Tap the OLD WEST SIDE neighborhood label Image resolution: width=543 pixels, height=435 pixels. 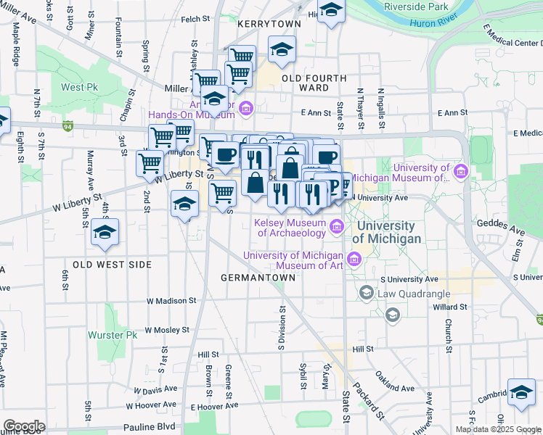point(104,265)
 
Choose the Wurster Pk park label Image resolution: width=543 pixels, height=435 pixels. point(112,336)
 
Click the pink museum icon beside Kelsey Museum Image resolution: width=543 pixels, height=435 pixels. point(336,228)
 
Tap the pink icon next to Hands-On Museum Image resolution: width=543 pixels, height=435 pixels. point(245,109)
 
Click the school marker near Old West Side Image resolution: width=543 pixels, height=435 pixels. point(105,233)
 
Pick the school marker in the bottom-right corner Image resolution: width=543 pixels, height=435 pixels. point(520,392)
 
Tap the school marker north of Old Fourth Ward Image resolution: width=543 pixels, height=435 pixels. point(281,50)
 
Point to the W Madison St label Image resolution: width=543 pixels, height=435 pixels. point(171,300)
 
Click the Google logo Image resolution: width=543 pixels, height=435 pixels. point(23,426)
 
